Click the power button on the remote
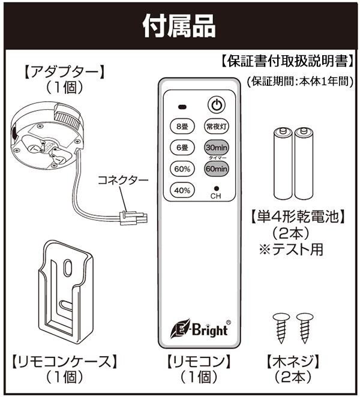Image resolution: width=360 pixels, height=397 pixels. point(217,105)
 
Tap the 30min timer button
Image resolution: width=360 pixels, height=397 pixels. point(217,148)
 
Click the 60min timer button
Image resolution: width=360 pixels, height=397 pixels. point(217,169)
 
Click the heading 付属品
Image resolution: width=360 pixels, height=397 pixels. point(179,25)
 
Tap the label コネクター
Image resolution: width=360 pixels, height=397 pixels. point(114,179)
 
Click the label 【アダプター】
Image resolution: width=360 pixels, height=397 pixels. point(64,71)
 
